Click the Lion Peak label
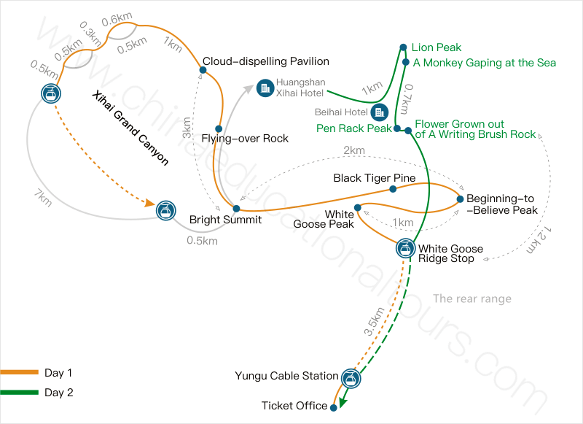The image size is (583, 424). click(x=437, y=48)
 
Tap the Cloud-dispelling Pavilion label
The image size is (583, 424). click(x=266, y=61)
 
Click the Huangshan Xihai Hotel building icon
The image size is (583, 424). click(x=264, y=87)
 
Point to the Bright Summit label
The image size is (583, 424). click(x=225, y=220)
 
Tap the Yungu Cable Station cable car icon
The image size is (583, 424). click(x=351, y=377)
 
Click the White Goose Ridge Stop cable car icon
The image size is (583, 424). click(x=404, y=248)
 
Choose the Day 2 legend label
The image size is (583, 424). click(x=58, y=393)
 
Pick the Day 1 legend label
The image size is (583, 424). click(x=58, y=373)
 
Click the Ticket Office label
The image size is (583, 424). click(x=294, y=406)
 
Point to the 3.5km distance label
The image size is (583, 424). click(x=371, y=321)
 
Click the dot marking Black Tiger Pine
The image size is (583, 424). click(x=393, y=189)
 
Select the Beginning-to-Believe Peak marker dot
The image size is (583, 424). click(x=460, y=198)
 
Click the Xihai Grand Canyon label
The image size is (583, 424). click(x=130, y=128)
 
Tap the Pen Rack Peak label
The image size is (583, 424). click(x=354, y=128)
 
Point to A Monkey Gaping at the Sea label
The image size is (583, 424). click(x=484, y=63)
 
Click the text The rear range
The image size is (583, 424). click(x=472, y=298)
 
